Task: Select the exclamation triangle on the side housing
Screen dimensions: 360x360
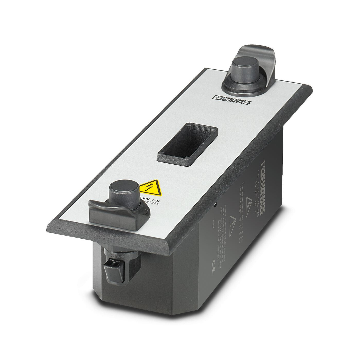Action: click(x=233, y=220)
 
